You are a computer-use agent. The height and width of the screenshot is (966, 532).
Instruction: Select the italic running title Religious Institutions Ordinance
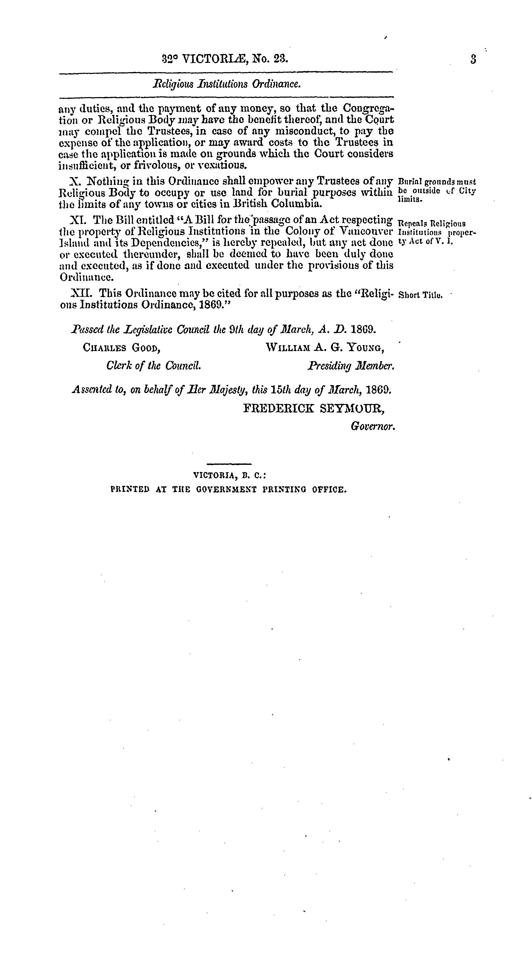click(x=227, y=84)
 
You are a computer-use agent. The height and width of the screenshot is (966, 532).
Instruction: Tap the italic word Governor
click(x=373, y=426)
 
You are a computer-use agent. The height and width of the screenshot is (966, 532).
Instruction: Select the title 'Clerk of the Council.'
click(x=153, y=365)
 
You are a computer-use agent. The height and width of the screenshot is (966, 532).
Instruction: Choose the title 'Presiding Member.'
click(x=351, y=365)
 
